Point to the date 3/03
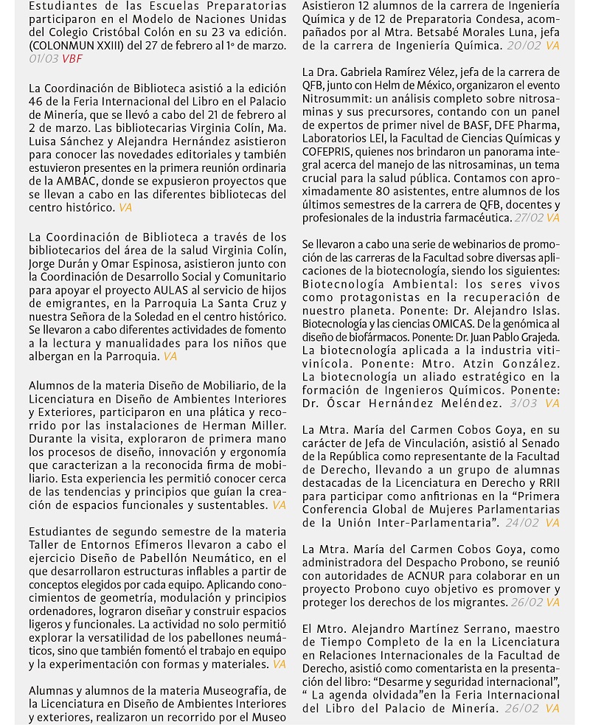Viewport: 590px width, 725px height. point(524,403)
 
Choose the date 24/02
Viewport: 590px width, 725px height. point(524,523)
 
